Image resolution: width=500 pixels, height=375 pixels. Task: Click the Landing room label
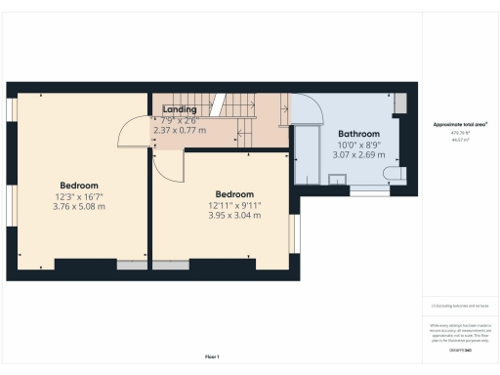point(180,109)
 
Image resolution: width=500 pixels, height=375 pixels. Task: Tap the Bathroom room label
point(358,134)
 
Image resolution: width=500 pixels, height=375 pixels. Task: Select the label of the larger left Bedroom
point(78,186)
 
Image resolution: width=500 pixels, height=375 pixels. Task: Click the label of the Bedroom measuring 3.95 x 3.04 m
point(234,193)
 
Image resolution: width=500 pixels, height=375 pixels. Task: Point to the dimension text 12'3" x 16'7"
point(78,196)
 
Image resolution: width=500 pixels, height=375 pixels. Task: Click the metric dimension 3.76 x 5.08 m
point(78,206)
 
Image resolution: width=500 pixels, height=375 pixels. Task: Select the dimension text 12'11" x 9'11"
point(234,205)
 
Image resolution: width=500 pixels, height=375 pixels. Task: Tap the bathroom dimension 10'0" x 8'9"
point(358,145)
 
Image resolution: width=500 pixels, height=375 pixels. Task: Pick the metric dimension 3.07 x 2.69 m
point(358,154)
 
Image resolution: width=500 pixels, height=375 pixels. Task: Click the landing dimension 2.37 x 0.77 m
point(180,130)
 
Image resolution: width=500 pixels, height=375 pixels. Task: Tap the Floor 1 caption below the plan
point(212,355)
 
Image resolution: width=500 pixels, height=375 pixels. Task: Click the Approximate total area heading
point(460,124)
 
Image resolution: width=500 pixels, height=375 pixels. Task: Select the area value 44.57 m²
point(460,140)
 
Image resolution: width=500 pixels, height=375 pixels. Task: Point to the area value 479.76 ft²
point(460,133)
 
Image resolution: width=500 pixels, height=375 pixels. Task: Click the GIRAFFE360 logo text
point(460,349)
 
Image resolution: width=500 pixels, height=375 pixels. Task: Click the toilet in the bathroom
point(396,174)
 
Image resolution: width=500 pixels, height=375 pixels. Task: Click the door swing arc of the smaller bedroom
point(168,166)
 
